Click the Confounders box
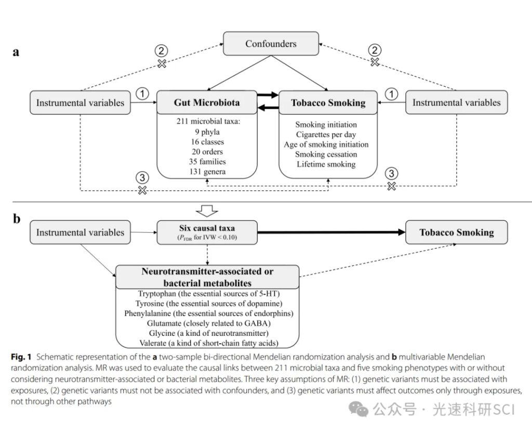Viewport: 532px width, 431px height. point(271,44)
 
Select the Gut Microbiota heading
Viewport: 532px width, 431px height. point(207,103)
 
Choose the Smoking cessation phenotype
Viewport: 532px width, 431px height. point(326,154)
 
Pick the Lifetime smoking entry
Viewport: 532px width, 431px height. point(326,164)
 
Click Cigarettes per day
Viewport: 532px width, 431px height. point(326,135)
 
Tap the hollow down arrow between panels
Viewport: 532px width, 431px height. point(206,210)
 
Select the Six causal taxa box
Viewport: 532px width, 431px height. point(206,232)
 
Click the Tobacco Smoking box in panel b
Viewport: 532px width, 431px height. point(457,232)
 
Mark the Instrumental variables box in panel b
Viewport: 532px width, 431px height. point(80,232)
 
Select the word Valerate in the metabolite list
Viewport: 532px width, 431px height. point(155,343)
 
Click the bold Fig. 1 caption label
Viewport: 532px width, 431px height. point(22,357)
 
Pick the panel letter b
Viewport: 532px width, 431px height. point(17,219)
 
